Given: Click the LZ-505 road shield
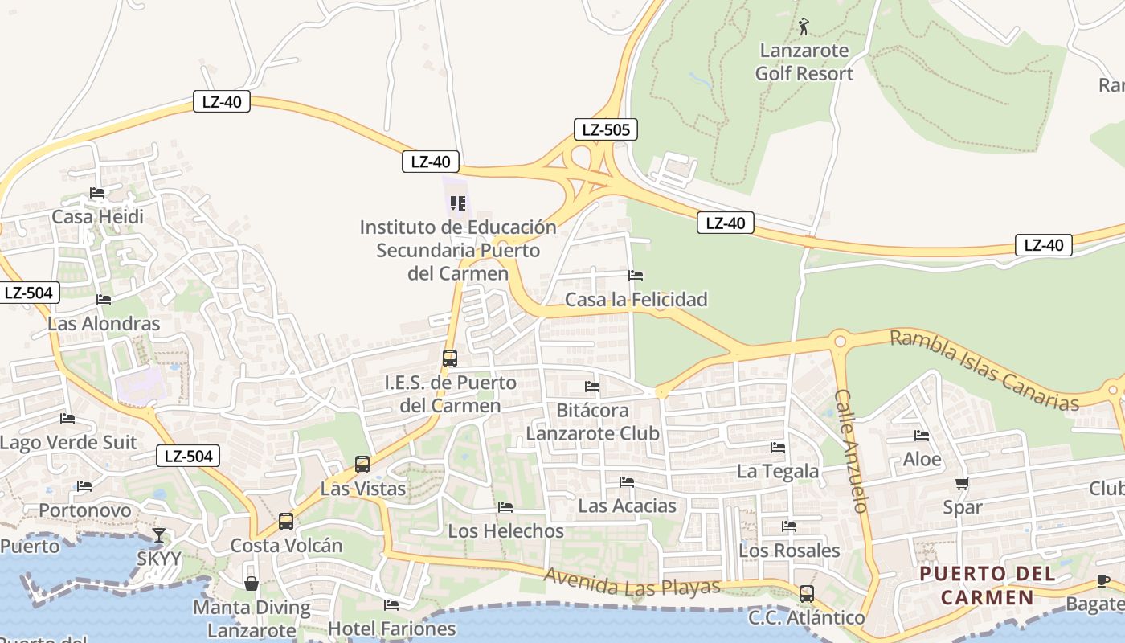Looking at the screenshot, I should [x=606, y=129].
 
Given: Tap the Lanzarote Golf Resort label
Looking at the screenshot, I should [x=804, y=62].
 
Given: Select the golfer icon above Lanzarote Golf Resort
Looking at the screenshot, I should [x=804, y=27].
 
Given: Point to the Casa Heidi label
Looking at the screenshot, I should [x=97, y=217].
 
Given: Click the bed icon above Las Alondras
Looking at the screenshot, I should [x=104, y=300].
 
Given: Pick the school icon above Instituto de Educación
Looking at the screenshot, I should [x=458, y=203].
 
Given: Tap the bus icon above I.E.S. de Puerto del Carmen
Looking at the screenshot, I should [x=450, y=358].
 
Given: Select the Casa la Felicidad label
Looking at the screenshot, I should [x=636, y=300].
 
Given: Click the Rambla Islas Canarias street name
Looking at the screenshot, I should [x=984, y=371].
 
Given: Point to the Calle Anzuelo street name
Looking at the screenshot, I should [x=852, y=451].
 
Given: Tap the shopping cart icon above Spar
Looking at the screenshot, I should [x=963, y=483].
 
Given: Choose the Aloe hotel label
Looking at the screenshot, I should [x=922, y=459].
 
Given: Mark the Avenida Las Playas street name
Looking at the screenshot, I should [x=632, y=585].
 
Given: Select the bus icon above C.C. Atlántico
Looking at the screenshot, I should [x=807, y=594].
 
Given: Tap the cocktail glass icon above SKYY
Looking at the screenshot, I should [x=159, y=534].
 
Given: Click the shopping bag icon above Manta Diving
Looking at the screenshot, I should [x=252, y=583].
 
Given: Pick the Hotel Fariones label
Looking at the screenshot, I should [x=392, y=629].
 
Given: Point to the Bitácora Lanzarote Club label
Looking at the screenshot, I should [x=592, y=422].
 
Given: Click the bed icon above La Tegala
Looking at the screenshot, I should [x=778, y=447].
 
